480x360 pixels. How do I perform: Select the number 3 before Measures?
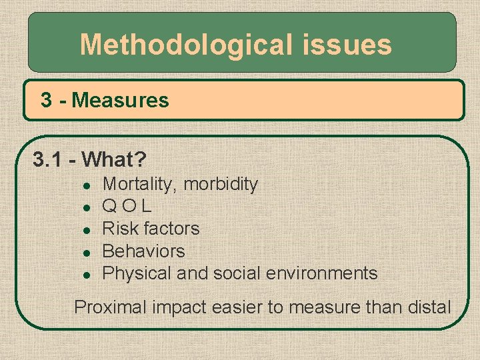tap(46, 101)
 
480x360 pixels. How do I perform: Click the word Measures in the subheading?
tap(121, 101)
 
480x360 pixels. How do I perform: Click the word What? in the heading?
tap(117, 160)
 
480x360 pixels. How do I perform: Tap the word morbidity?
tap(221, 184)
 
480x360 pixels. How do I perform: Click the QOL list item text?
tap(127, 207)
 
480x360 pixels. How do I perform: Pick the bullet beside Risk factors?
tap(85, 229)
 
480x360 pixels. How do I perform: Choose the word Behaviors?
tap(143, 251)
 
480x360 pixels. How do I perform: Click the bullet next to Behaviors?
tap(85, 252)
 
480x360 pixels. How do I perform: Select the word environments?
tap(322, 273)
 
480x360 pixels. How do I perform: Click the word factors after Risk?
tap(172, 229)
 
